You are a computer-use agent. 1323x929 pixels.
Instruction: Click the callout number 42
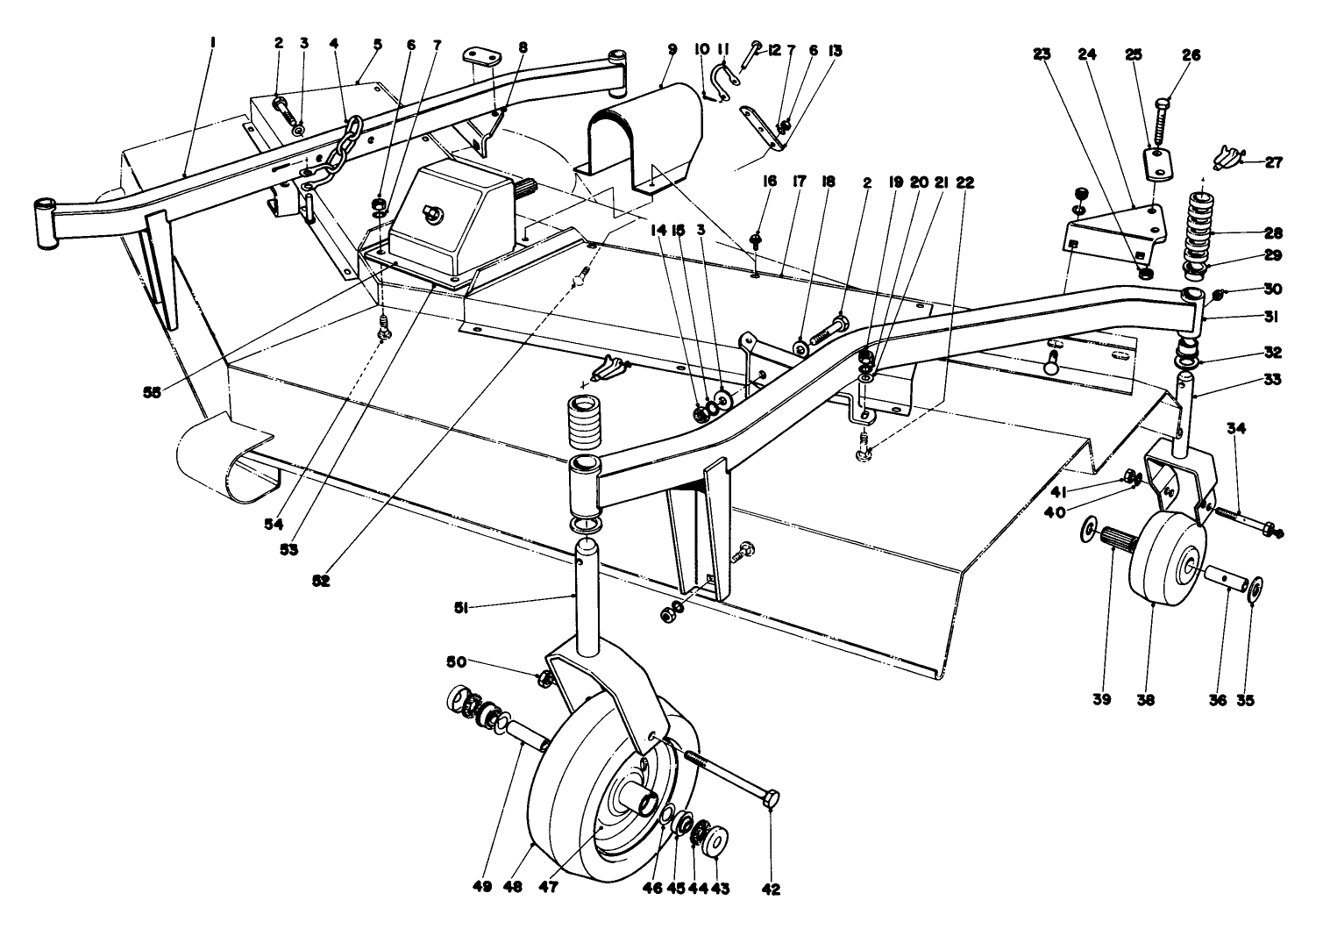[770, 888]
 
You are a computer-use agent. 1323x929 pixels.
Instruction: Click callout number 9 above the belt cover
[672, 50]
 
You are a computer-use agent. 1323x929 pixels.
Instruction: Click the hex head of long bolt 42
[772, 801]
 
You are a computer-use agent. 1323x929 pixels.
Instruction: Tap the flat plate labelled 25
[1156, 164]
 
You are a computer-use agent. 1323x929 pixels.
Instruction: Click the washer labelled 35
[1255, 587]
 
